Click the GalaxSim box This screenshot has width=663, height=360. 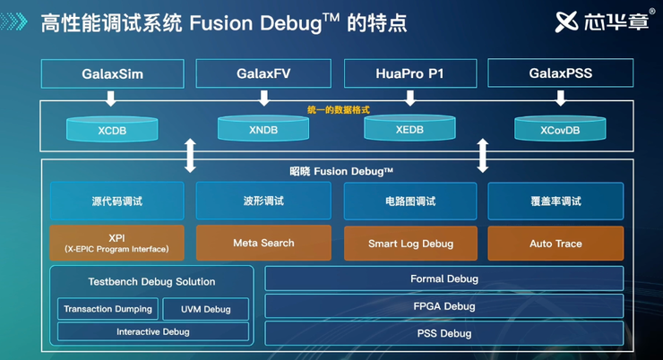112,73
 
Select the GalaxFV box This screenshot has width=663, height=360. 263,73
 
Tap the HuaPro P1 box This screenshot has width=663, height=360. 410,73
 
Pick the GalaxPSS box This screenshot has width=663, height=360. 560,73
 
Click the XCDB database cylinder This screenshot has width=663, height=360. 112,129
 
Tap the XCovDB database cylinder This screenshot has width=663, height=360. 560,129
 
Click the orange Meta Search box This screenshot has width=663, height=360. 263,243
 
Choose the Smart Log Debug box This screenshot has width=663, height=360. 410,244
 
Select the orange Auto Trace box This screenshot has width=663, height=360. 555,244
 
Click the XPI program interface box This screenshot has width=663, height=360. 116,243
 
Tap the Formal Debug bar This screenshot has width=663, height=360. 443,279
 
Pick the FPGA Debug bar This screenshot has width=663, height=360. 443,306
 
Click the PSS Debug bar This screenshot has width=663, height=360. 443,333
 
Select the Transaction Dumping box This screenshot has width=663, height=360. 108,309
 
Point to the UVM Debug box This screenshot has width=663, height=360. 205,309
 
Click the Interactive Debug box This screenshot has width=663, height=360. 152,332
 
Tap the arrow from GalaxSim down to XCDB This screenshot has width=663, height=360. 112,97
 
